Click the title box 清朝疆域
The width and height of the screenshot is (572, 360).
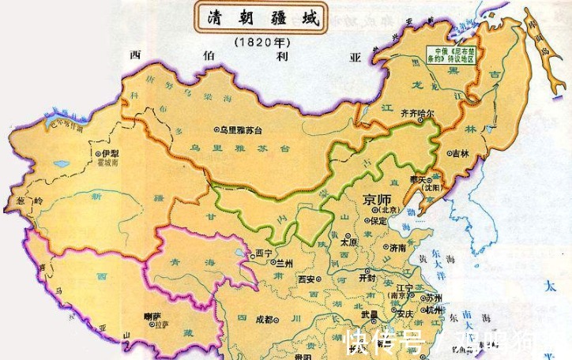(260, 18)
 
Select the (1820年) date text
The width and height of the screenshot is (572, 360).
(261, 40)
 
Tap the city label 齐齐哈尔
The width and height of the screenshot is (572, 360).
(419, 113)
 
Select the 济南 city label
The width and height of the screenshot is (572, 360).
(398, 247)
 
